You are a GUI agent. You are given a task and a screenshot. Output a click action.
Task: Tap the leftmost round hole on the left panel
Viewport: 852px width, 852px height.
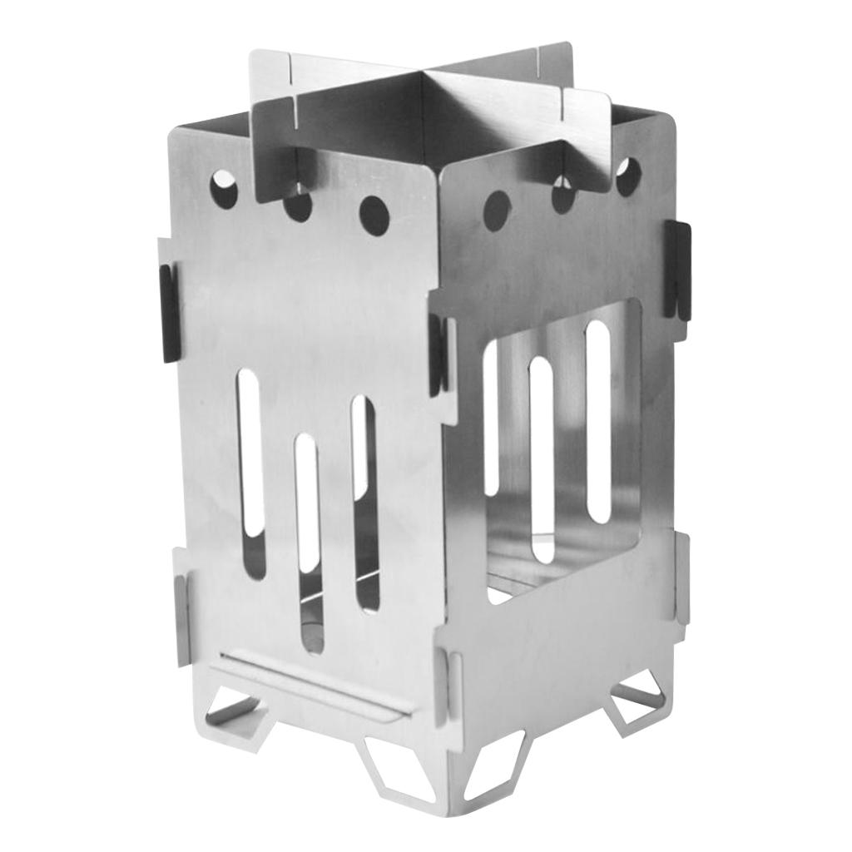(224, 189)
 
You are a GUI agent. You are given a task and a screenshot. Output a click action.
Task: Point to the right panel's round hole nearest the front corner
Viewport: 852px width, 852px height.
(497, 208)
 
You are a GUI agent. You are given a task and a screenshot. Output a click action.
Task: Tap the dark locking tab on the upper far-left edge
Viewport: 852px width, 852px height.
(169, 313)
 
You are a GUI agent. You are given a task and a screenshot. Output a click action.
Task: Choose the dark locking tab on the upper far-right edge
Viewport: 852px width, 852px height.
(677, 270)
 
